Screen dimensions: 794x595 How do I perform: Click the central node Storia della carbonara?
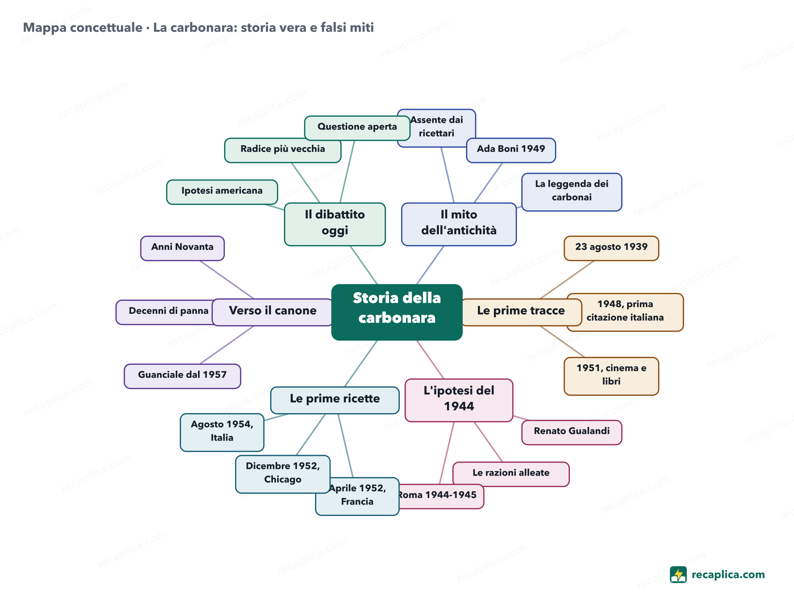(397, 312)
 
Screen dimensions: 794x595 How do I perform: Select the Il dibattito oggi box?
(335, 224)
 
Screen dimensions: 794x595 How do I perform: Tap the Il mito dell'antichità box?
(459, 224)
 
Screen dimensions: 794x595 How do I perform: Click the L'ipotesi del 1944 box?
(459, 400)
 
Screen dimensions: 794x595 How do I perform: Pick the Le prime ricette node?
(335, 400)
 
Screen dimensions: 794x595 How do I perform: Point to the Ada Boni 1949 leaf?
(511, 150)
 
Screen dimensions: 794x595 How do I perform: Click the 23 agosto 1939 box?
(611, 248)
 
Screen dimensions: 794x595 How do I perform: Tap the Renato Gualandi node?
(572, 432)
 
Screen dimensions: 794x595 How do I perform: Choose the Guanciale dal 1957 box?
(182, 376)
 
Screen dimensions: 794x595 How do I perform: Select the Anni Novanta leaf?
(182, 248)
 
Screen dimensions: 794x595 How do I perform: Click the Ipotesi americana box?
(222, 192)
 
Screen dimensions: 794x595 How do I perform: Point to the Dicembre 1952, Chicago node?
(283, 474)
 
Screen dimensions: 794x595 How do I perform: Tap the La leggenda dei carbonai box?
(572, 192)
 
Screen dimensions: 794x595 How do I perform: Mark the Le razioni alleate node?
(511, 474)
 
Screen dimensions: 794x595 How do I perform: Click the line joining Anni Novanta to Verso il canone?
(227, 280)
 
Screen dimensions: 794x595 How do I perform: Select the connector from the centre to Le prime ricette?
(361, 363)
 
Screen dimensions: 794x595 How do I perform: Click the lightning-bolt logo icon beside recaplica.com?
(678, 575)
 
